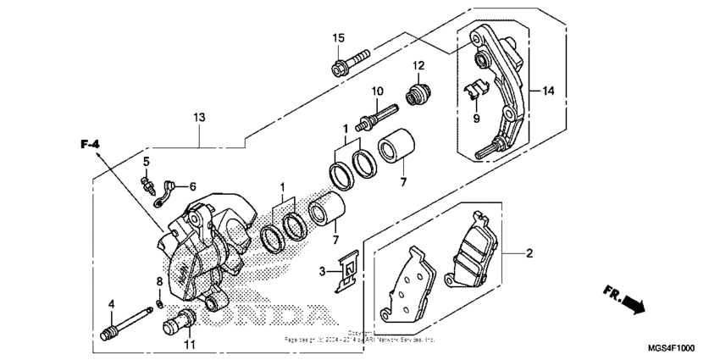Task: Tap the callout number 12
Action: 418,66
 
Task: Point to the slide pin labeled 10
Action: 382,114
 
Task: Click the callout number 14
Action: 548,91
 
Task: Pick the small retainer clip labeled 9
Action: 476,90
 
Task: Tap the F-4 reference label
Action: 90,146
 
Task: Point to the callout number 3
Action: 324,271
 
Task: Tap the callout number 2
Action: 529,253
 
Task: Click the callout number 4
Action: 110,303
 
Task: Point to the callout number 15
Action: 338,38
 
